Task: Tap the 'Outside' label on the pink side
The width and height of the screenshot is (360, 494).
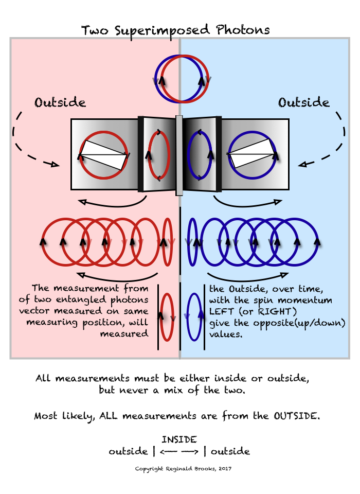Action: pos(60,102)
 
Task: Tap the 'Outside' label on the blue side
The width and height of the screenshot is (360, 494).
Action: pos(304,102)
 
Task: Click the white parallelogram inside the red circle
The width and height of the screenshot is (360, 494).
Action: pos(103,155)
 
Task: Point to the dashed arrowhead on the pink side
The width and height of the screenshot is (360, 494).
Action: pos(52,165)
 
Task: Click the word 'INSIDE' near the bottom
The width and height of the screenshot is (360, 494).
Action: pos(179,439)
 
